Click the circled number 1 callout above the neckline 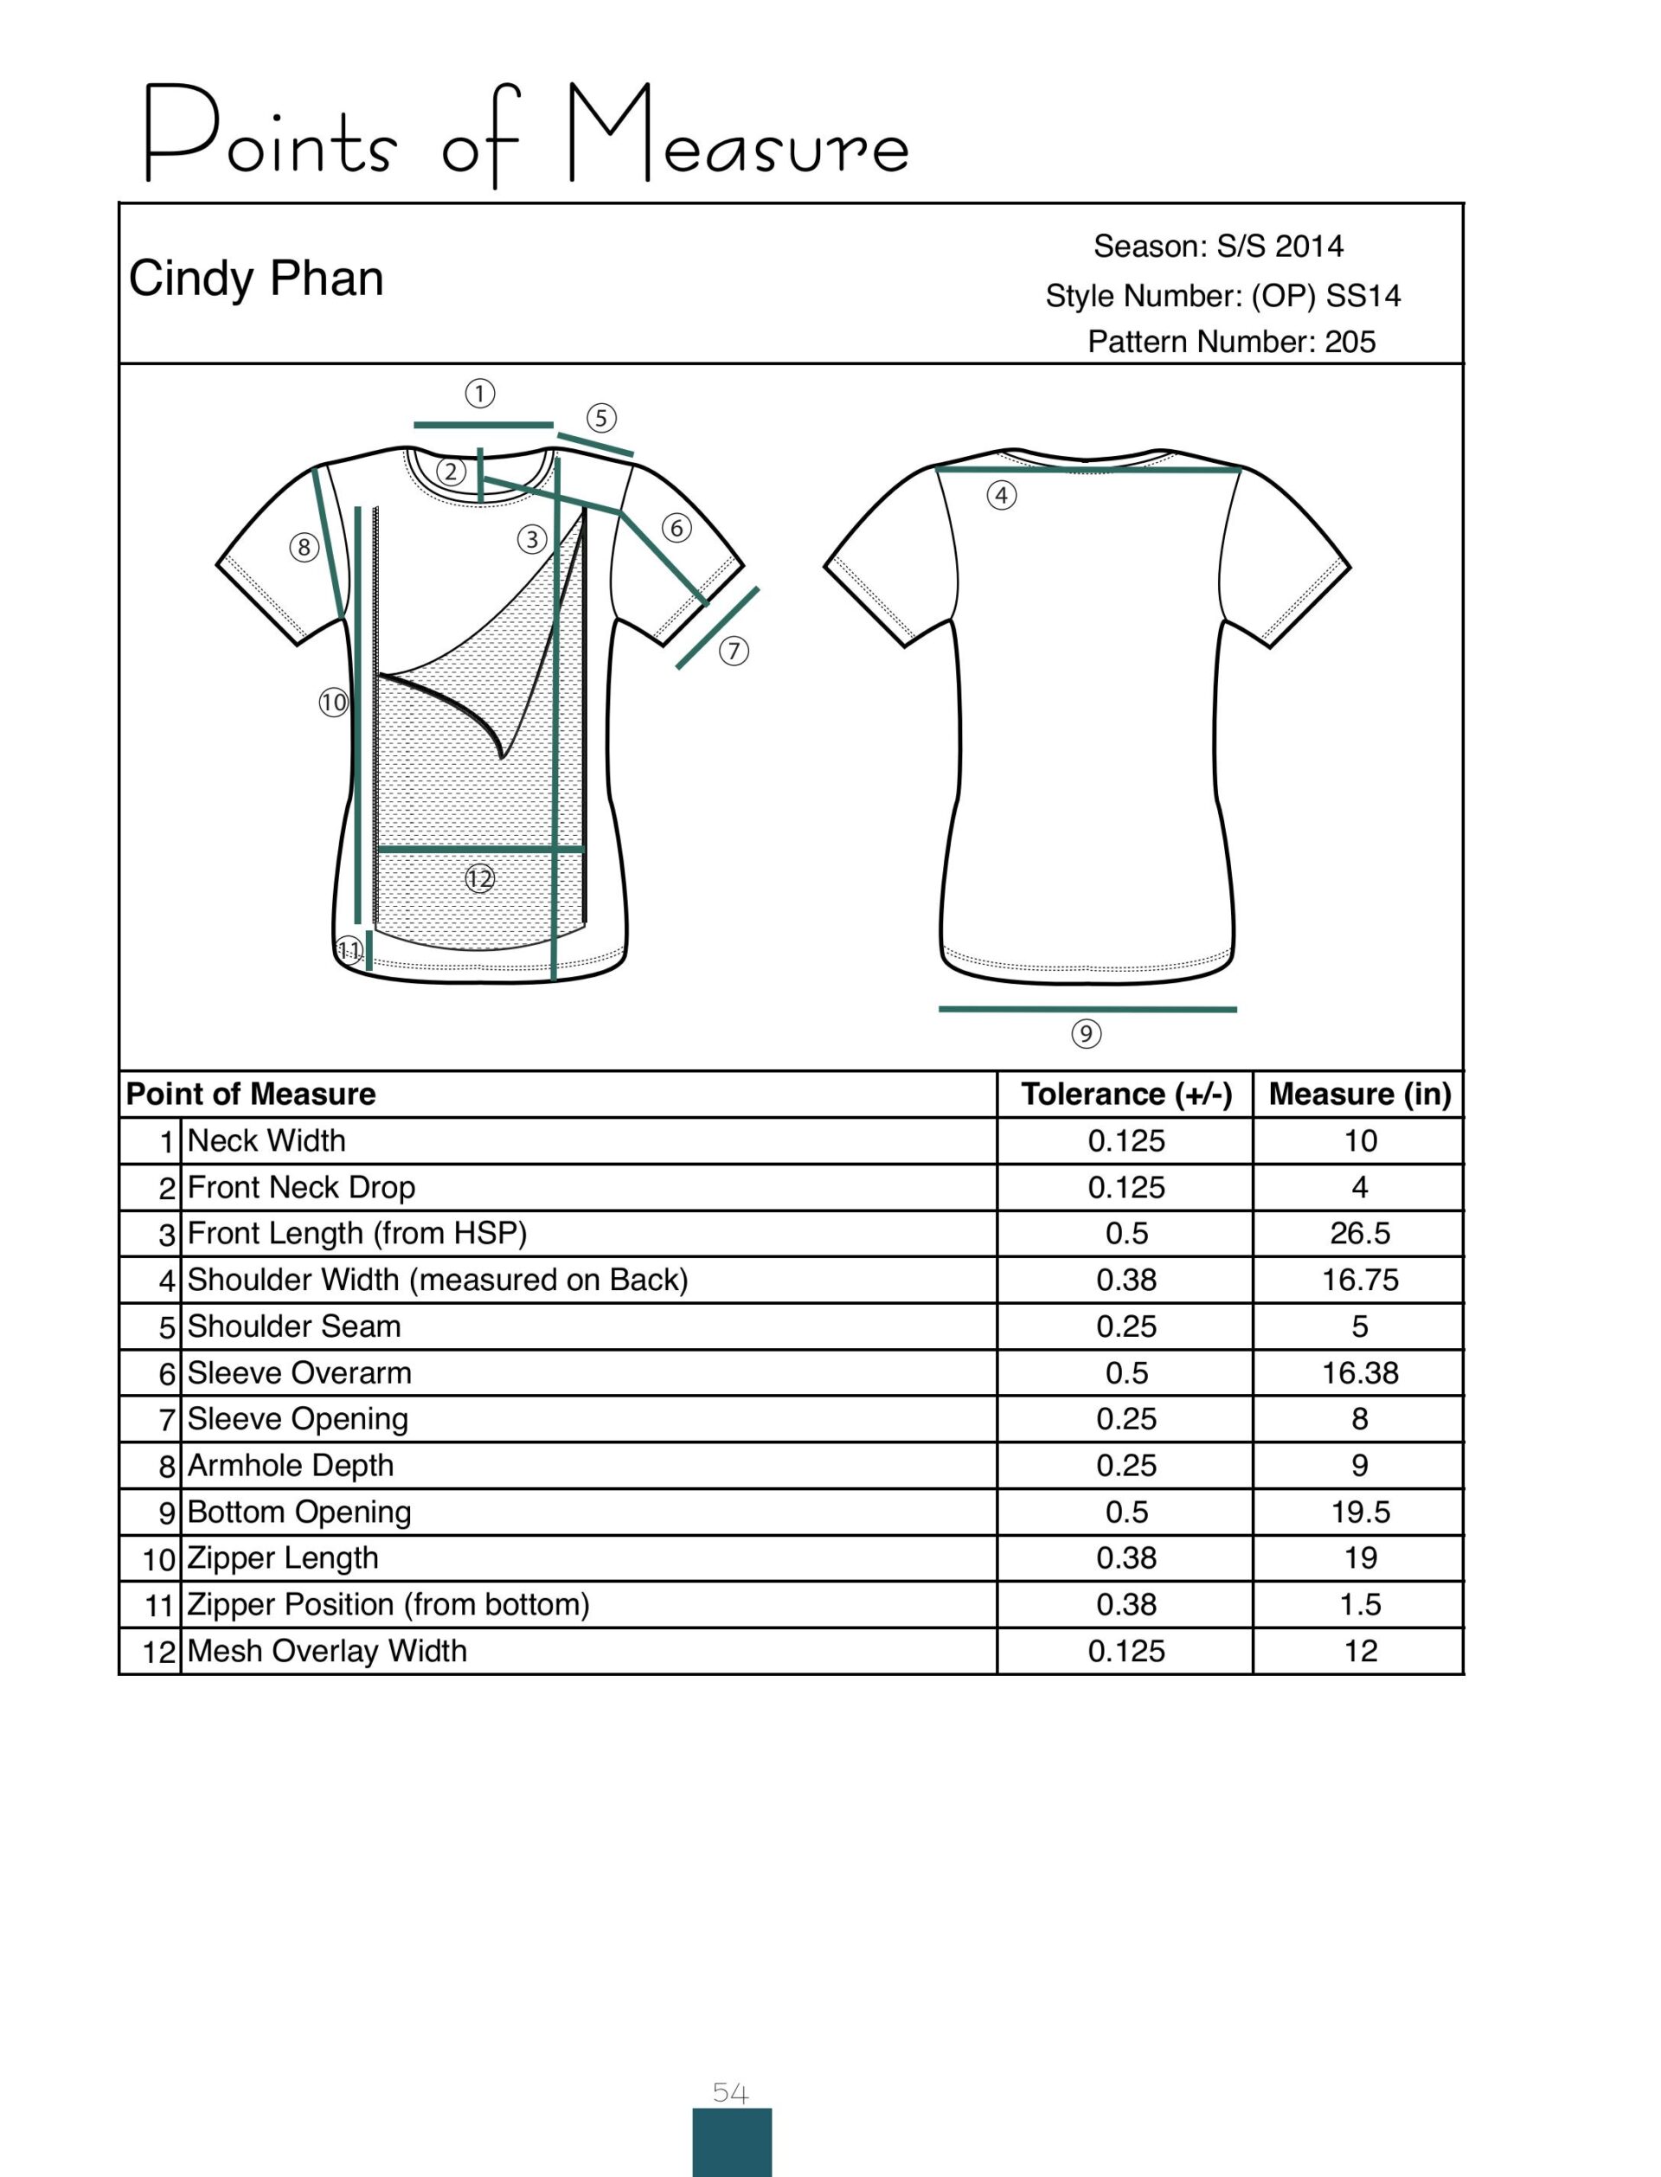(479, 395)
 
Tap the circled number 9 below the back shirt (1086, 1034)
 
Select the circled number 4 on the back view (1002, 495)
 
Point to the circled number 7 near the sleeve (733, 651)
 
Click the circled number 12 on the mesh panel (479, 878)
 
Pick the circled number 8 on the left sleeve (304, 547)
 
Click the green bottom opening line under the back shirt (1087, 1010)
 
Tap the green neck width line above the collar (483, 425)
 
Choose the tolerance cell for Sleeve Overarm (1126, 1373)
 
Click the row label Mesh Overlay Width (326, 1651)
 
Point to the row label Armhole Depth (290, 1465)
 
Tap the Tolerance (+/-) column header (1126, 1095)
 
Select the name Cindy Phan (256, 279)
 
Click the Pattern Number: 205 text (1231, 342)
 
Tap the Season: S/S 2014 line (1218, 247)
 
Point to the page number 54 (731, 2093)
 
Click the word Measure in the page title (738, 136)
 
